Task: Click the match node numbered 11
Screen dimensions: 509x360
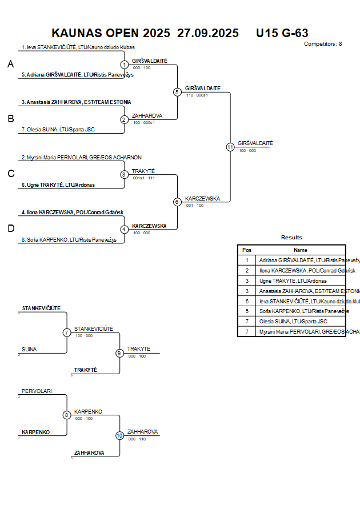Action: [x=230, y=147]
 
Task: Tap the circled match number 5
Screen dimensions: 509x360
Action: [x=177, y=92]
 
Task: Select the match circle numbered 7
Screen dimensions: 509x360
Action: [x=67, y=332]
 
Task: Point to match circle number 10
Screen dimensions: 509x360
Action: [x=119, y=435]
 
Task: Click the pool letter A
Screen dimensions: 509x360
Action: [x=10, y=65]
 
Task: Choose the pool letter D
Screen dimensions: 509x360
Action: [x=10, y=229]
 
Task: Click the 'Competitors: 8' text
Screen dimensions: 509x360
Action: [x=323, y=43]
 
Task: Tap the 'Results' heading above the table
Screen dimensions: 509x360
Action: [x=291, y=237]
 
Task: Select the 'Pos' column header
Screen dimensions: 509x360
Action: [x=247, y=250]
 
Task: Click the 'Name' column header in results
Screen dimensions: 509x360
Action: [x=301, y=250]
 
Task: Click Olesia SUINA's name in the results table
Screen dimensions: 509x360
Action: [x=286, y=321]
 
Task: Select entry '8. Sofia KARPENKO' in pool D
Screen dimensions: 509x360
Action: [x=69, y=239]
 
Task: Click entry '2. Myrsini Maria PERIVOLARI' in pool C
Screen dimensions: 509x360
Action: [x=81, y=157]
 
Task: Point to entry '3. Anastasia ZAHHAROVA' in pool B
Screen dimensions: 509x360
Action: [x=76, y=102]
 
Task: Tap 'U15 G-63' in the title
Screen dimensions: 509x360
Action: [x=282, y=33]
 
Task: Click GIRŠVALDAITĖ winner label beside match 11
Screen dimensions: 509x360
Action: [x=255, y=143]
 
